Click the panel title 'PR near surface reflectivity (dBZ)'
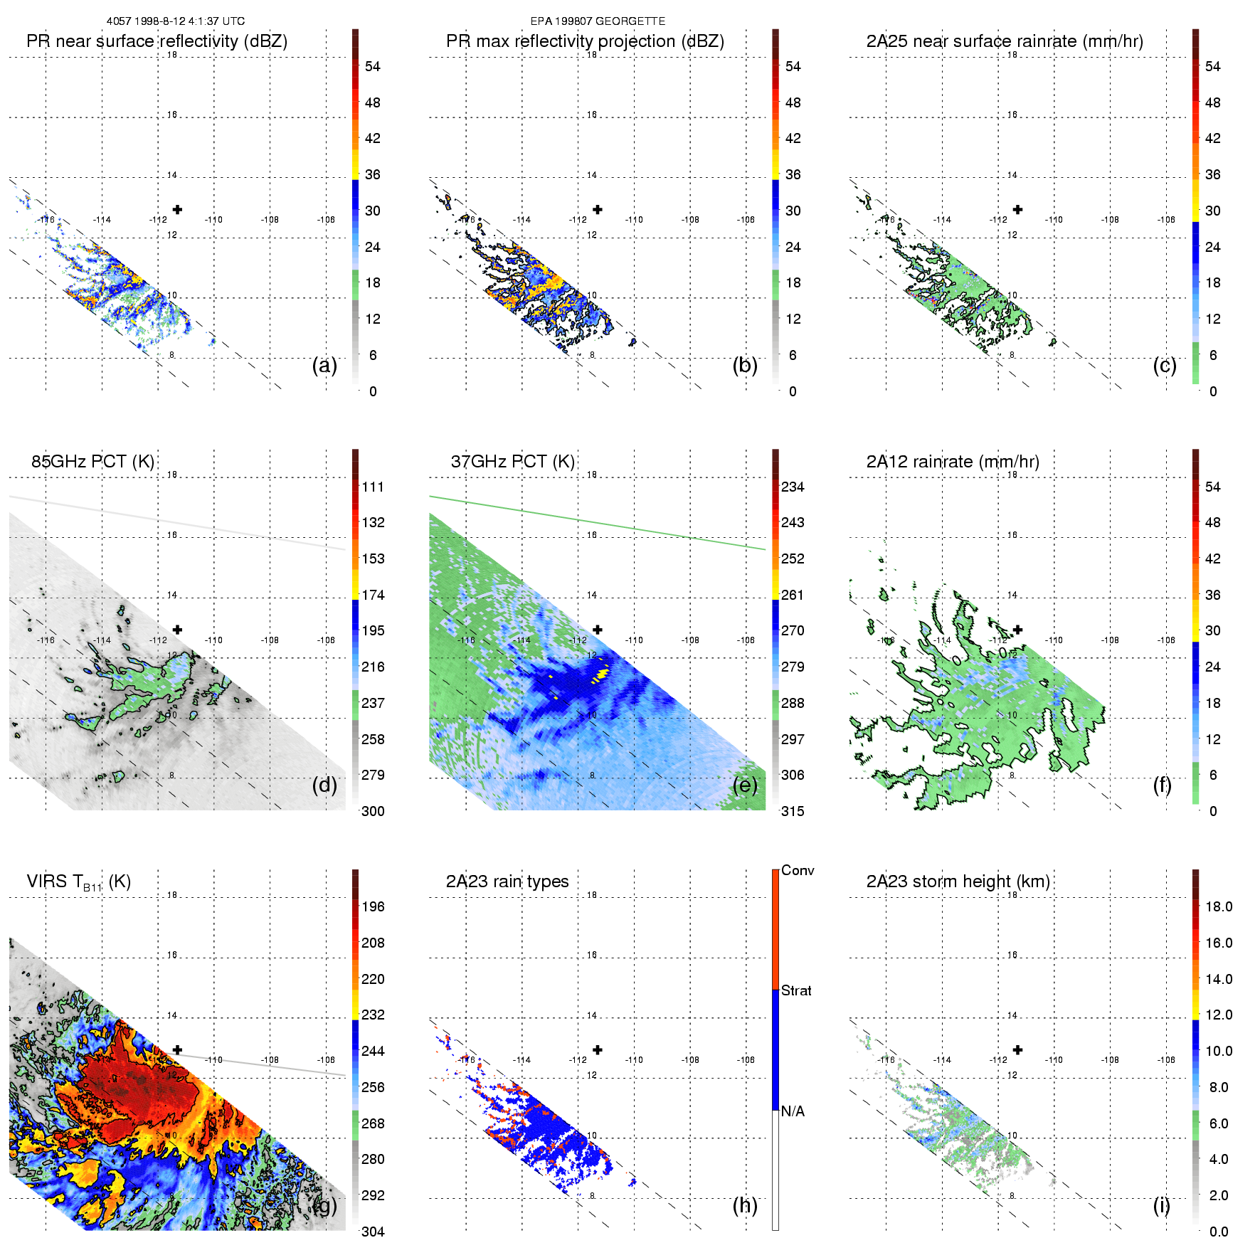point(157,41)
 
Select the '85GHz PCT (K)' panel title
point(92,462)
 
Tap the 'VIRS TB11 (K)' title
point(78,882)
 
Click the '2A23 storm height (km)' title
point(958,882)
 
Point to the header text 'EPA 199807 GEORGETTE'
point(598,21)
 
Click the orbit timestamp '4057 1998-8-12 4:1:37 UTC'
point(176,21)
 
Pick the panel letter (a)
point(324,366)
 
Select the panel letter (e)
point(745,785)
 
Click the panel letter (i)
point(1161,1205)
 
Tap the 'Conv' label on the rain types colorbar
point(798,871)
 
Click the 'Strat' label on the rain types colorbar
point(796,991)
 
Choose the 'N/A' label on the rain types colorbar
point(793,1111)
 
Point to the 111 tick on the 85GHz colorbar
point(373,487)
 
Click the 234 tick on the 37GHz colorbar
point(793,487)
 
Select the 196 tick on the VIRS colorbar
point(373,907)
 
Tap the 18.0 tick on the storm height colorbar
point(1218,907)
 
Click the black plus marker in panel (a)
point(177,210)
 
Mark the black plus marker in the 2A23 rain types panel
point(598,1050)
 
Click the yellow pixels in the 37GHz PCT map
point(603,672)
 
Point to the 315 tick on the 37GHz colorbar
point(793,812)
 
